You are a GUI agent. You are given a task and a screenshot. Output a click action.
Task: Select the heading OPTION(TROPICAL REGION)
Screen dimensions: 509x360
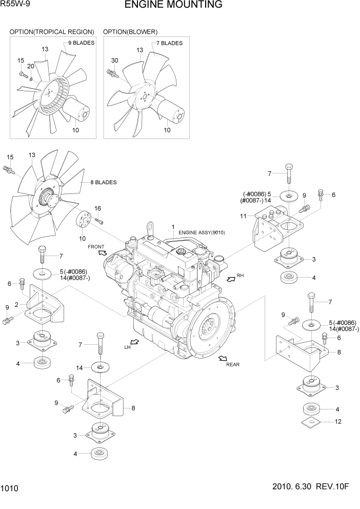click(x=52, y=32)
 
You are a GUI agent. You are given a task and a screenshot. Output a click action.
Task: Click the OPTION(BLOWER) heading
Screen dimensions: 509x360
click(x=130, y=32)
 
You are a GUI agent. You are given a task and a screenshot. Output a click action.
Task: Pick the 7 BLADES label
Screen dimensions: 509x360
click(x=169, y=44)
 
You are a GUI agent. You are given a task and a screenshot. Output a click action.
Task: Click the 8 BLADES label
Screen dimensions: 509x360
click(x=104, y=182)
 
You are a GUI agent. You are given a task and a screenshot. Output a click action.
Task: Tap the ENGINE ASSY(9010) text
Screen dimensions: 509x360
click(x=202, y=232)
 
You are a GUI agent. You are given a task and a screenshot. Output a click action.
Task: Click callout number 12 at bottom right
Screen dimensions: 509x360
click(x=337, y=422)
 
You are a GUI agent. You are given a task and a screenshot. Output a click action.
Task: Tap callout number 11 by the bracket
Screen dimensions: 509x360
click(x=244, y=216)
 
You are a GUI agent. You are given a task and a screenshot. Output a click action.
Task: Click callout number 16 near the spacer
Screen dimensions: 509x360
click(x=97, y=208)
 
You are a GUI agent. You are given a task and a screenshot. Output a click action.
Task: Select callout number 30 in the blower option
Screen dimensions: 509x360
click(x=114, y=61)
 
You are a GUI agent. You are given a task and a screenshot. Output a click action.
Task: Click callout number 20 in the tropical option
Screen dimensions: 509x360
click(x=30, y=66)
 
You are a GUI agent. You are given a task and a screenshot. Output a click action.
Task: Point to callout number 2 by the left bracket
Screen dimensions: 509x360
click(x=16, y=305)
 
